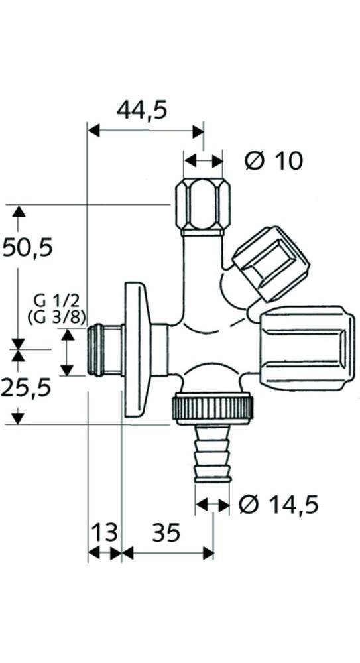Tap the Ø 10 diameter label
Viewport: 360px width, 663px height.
[273, 160]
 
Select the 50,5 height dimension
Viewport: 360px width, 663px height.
[27, 248]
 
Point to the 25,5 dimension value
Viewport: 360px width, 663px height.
[26, 387]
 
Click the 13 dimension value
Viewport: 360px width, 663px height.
[104, 532]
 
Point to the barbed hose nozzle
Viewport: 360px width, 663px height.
[212, 455]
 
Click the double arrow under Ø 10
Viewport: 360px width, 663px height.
[204, 161]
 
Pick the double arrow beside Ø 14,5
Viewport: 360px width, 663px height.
[212, 505]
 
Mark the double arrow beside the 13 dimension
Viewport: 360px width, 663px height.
[104, 552]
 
